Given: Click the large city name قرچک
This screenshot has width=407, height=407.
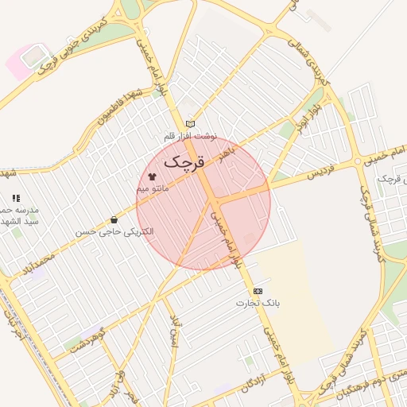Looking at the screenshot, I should point(184,161).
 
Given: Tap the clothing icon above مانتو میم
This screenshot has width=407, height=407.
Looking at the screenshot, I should point(152,176).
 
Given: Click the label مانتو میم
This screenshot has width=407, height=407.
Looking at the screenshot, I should point(153,189).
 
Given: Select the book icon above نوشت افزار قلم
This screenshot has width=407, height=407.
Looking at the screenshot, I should point(190,123).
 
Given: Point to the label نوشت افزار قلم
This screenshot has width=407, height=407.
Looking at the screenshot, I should point(190,136).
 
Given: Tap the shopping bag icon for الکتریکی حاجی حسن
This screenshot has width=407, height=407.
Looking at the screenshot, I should point(114,219).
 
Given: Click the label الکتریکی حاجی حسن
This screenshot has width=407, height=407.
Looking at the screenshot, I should point(115,231).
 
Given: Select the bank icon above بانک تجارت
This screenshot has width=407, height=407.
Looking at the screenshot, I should point(258,291).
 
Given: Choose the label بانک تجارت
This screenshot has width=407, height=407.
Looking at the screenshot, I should point(258,304).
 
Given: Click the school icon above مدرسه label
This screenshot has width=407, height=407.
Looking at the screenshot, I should point(15,198).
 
